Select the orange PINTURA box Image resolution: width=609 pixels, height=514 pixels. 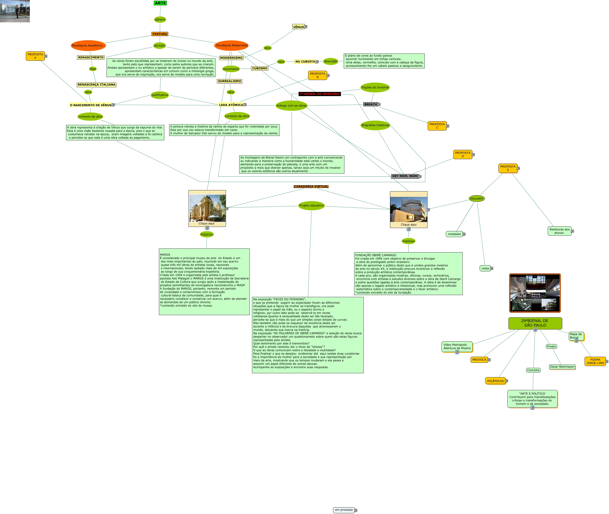pyautogui.click(x=160, y=34)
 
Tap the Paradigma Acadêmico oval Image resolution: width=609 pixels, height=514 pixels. pyautogui.click(x=87, y=45)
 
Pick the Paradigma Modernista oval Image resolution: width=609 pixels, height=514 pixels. pyautogui.click(x=231, y=45)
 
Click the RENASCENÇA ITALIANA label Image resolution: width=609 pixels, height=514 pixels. pyautogui.click(x=96, y=85)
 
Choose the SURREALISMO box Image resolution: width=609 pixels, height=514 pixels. pyautogui.click(x=229, y=81)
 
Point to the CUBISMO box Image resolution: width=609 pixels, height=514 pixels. pyautogui.click(x=259, y=68)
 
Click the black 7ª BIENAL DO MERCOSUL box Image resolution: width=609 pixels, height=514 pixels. pyautogui.click(x=320, y=94)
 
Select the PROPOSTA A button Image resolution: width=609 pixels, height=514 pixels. pyautogui.click(x=35, y=56)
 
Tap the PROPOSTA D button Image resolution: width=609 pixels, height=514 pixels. pyautogui.click(x=462, y=155)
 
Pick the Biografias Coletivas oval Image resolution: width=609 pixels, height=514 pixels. pyautogui.click(x=375, y=125)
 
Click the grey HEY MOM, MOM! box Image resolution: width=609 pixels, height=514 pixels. pyautogui.click(x=405, y=176)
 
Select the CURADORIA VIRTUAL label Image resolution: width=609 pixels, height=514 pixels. pyautogui.click(x=311, y=186)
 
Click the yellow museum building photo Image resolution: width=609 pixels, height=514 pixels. pyautogui.click(x=207, y=208)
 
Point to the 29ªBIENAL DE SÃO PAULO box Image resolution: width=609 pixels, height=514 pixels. pyautogui.click(x=535, y=323)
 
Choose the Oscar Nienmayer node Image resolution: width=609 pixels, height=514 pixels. pyautogui.click(x=562, y=367)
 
